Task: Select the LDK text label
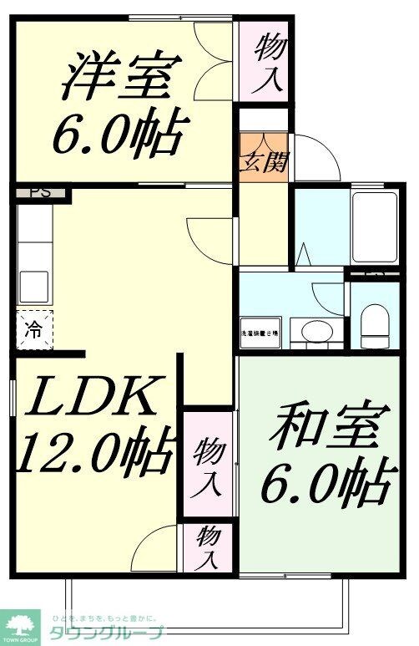[88, 398]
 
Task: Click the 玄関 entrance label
[264, 160]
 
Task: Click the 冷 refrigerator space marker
[33, 328]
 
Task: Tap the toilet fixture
[373, 325]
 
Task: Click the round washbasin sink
[315, 331]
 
